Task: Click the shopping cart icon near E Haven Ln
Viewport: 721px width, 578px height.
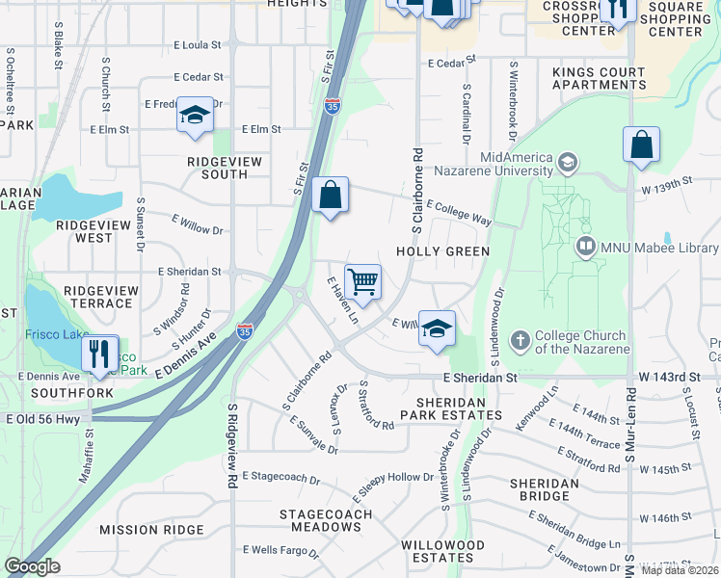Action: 362,282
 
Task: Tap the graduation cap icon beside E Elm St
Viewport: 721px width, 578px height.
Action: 194,116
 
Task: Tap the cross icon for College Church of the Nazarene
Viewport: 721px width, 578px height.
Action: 520,340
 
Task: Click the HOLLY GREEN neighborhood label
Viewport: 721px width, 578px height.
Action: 444,251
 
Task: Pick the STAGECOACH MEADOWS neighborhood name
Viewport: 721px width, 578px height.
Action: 320,520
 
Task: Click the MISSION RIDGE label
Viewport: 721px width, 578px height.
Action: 151,530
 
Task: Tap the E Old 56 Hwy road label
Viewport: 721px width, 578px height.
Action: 42,418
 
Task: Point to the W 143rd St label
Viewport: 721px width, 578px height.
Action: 666,378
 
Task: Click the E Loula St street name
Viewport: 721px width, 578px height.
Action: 198,44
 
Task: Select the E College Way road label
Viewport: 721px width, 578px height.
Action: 459,213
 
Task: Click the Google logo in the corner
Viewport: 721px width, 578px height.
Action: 32,566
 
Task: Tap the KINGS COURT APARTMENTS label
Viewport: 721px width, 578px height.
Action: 599,79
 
